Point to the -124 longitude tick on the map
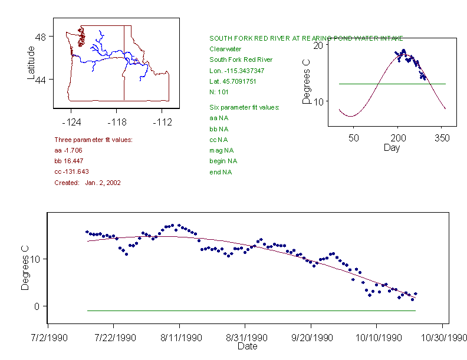71,123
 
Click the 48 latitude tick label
40,37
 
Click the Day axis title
392,147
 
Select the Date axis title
247,346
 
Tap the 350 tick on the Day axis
442,138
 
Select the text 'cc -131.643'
71,172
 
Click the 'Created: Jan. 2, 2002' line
87,183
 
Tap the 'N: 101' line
219,92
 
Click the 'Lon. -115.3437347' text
235,71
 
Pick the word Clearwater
225,49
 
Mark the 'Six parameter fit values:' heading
244,107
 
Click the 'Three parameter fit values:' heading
93,140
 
